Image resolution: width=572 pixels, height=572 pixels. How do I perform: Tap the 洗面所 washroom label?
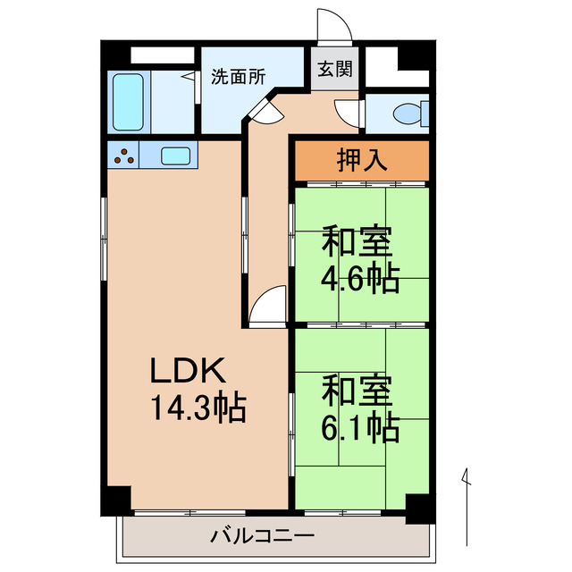point(238,77)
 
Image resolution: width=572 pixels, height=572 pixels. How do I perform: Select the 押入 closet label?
point(361,159)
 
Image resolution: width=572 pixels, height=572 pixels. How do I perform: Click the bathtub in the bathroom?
point(130,103)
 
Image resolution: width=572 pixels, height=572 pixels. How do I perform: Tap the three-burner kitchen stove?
point(124,156)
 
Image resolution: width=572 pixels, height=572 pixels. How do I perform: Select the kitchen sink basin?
point(174,156)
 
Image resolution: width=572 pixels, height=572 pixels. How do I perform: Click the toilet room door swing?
point(346,114)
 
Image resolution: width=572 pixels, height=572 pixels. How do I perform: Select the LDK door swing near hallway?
point(266,308)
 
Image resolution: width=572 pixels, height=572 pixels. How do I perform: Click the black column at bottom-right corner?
point(416,509)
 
